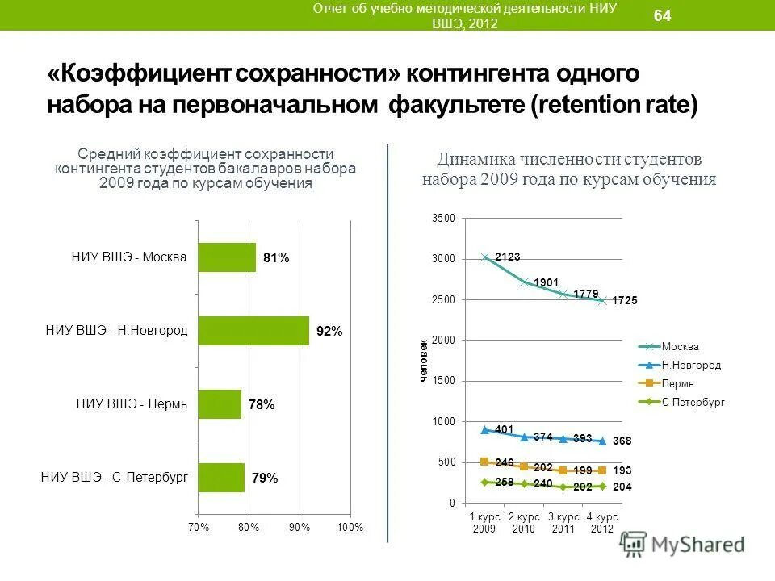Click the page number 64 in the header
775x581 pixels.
pyautogui.click(x=662, y=15)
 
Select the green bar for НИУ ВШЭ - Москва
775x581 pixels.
pyautogui.click(x=227, y=257)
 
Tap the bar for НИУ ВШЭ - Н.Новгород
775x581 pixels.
pyautogui.click(x=253, y=331)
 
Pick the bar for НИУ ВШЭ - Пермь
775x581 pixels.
pyautogui.click(x=220, y=404)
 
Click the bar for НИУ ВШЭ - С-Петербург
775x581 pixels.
pyautogui.click(x=221, y=478)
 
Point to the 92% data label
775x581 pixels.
pyautogui.click(x=329, y=332)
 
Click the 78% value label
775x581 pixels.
pyautogui.click(x=262, y=405)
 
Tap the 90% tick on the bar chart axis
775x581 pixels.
pyautogui.click(x=300, y=527)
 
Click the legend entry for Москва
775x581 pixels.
pyautogui.click(x=680, y=346)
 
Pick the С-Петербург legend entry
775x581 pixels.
pyautogui.click(x=693, y=401)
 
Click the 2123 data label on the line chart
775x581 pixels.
pyautogui.click(x=508, y=257)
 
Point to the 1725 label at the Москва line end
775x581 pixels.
pyautogui.click(x=625, y=300)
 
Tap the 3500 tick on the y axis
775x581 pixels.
pyautogui.click(x=444, y=219)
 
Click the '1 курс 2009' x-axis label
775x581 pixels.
pyautogui.click(x=484, y=521)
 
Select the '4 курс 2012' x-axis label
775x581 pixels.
pyautogui.click(x=602, y=521)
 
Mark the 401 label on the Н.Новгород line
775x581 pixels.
pyautogui.click(x=504, y=429)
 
